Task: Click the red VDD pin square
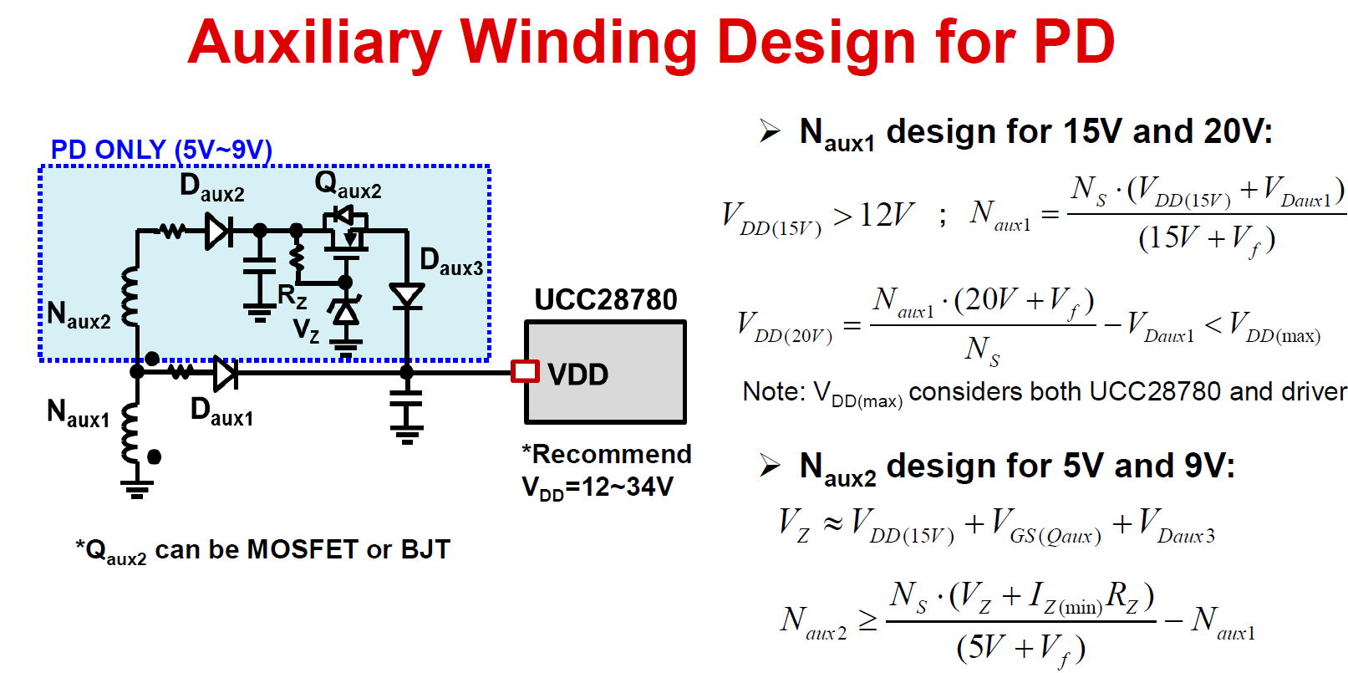coord(525,371)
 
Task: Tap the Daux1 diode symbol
coord(224,372)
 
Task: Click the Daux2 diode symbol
coord(219,230)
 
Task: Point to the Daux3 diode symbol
coord(407,296)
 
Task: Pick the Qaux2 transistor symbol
coord(344,229)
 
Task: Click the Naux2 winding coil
coord(130,296)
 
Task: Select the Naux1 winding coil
coord(130,432)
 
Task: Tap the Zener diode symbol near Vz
coord(345,311)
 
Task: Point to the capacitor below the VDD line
coord(407,410)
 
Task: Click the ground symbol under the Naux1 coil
coord(136,487)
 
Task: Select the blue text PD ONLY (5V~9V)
coord(161,150)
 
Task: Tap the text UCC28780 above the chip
coord(605,299)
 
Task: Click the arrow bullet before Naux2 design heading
coord(769,465)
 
